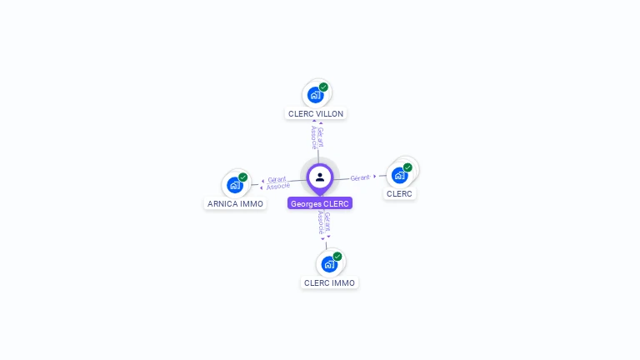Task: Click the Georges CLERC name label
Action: [x=320, y=203]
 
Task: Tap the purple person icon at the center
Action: [x=320, y=177]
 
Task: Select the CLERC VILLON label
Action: [x=316, y=113]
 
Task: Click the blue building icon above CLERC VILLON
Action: [x=315, y=94]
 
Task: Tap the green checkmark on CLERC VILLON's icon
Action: [x=323, y=87]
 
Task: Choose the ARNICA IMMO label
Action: [x=235, y=203]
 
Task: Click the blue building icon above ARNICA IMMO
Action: [x=234, y=184]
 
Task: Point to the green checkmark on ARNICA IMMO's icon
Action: [x=242, y=177]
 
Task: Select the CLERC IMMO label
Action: [x=329, y=282]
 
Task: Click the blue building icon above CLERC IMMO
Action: [x=328, y=264]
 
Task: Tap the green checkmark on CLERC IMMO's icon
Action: [x=337, y=257]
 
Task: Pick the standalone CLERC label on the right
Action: [x=399, y=193]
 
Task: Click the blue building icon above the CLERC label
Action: [x=399, y=175]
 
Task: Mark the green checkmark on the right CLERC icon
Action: [x=407, y=167]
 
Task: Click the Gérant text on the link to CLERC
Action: [x=360, y=177]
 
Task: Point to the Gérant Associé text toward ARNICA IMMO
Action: [x=277, y=182]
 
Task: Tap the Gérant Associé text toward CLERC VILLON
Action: [x=317, y=137]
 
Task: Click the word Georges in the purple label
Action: [x=306, y=203]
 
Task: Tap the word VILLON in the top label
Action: [x=328, y=113]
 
